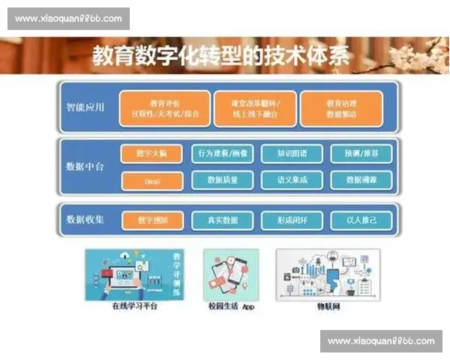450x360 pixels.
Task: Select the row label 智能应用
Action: (x=85, y=107)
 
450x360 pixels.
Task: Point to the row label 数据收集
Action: (x=85, y=220)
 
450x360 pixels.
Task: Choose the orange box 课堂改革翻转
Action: (x=253, y=109)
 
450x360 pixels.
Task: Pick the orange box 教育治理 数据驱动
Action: (x=341, y=109)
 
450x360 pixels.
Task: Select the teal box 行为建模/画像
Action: (x=223, y=154)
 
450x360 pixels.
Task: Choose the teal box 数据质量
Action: (x=223, y=180)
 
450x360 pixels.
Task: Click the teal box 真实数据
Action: (x=223, y=220)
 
